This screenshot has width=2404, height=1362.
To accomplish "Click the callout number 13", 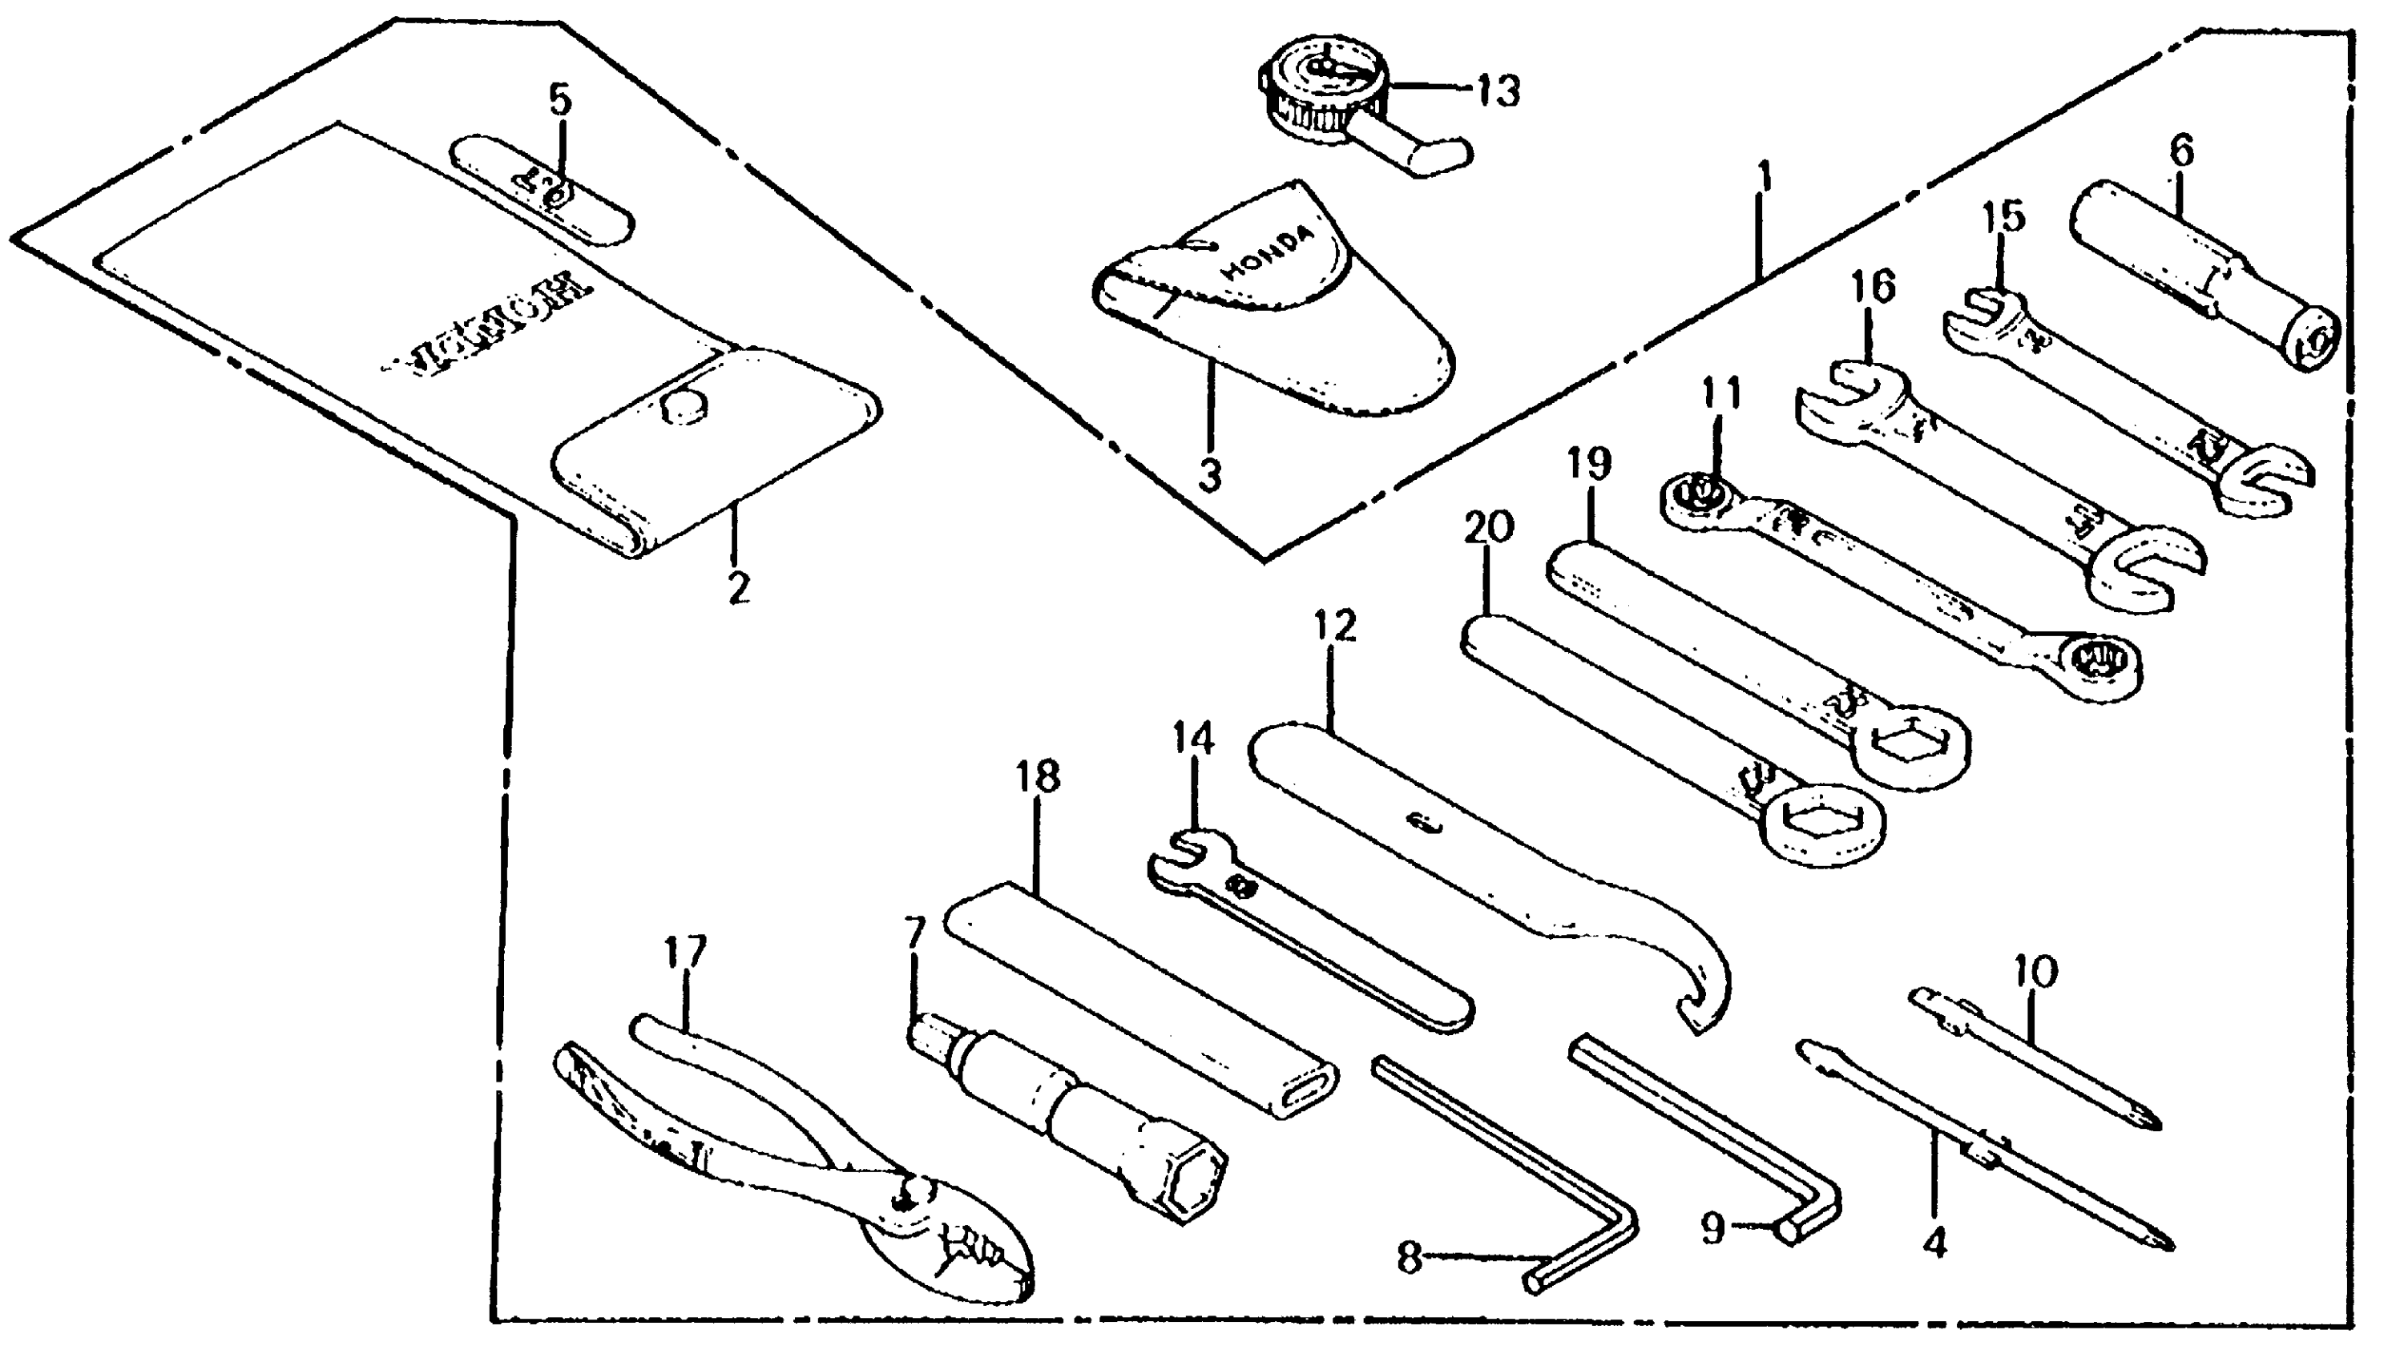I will pos(1498,91).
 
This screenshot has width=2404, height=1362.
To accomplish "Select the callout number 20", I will pos(1488,529).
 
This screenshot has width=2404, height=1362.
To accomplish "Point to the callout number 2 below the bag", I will pos(737,587).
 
